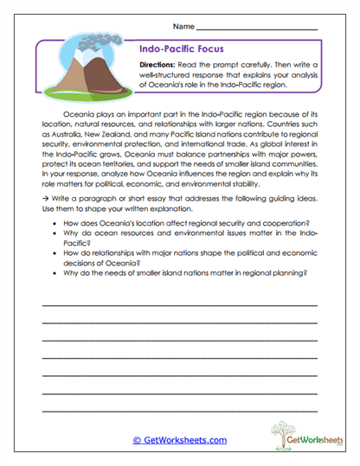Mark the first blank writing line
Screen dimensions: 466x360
(x=179, y=306)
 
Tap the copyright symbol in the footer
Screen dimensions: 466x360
(x=136, y=440)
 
